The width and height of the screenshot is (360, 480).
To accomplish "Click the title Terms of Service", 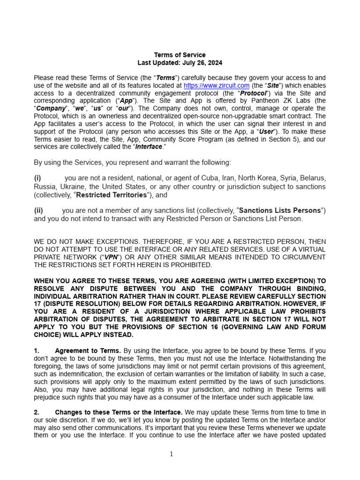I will coord(180,55).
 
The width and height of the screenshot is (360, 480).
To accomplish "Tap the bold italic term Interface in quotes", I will coord(149,147).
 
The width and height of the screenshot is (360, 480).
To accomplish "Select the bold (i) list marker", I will coord(37,178).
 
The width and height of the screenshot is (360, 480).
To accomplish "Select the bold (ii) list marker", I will coord(38,210).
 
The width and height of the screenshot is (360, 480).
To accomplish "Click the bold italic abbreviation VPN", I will coord(110,257).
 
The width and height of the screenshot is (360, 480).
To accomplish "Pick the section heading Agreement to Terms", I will coord(88,351).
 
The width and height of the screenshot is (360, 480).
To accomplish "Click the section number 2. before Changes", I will coord(37,412).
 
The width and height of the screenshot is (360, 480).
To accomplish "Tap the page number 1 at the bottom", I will coord(171,454).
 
